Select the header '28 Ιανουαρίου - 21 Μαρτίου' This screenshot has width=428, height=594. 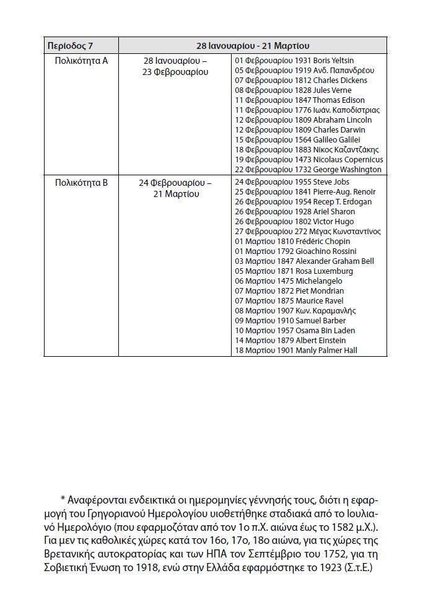[253, 46]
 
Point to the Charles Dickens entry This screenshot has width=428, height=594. [340, 81]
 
